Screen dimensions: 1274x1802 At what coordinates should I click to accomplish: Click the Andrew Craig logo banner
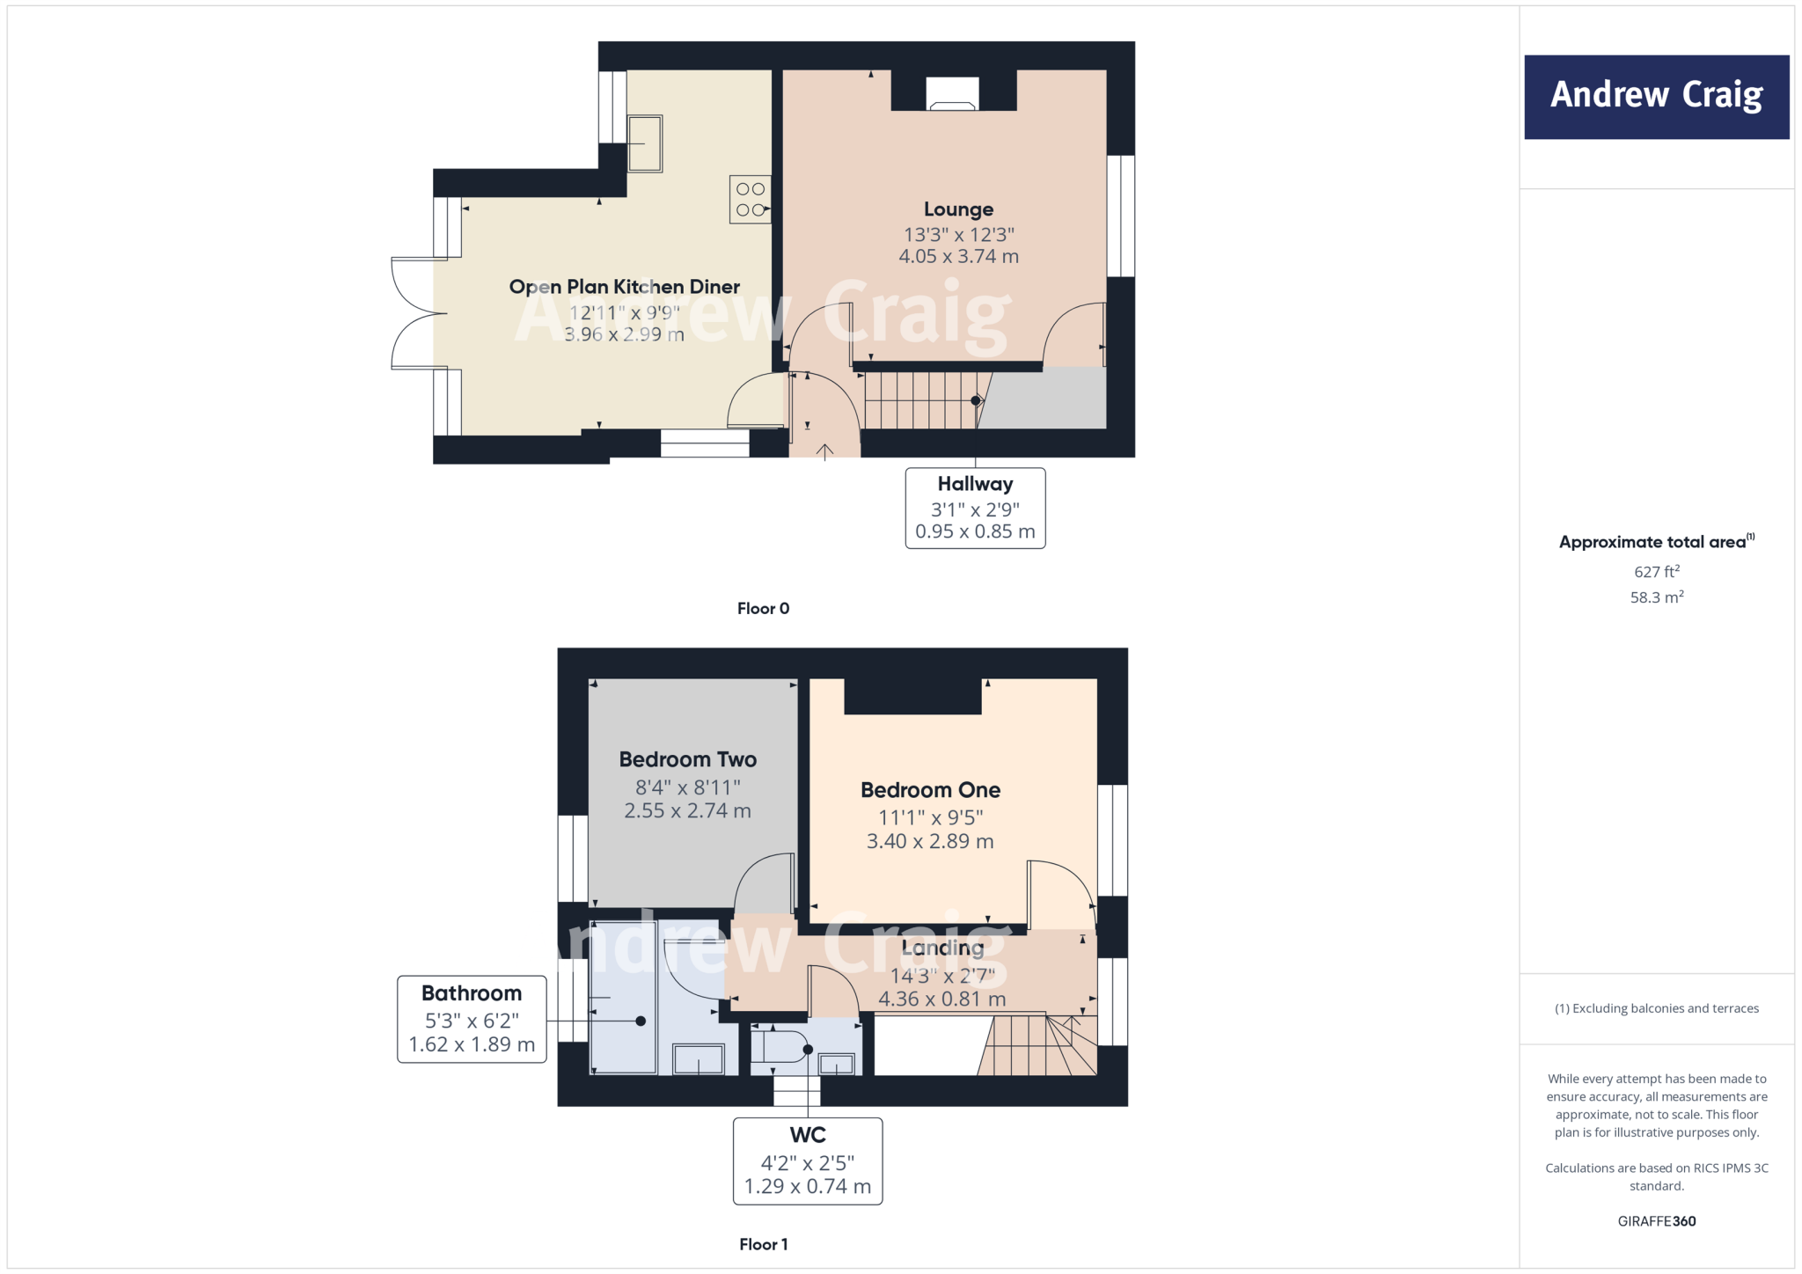coord(1656,97)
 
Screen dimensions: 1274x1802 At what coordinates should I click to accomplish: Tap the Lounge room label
coord(958,209)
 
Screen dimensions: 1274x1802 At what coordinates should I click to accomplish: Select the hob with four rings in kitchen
coord(751,200)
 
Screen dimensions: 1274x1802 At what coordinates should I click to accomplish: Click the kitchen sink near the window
coord(645,143)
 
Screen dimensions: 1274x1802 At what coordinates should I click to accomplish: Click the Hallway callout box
coord(975,508)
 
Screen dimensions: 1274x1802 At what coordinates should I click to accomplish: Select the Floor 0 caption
coord(763,609)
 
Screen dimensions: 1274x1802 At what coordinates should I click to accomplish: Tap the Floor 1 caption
coord(763,1244)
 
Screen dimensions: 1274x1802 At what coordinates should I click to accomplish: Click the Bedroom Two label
coord(687,759)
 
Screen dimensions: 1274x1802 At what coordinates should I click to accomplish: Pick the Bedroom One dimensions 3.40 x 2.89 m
coord(930,841)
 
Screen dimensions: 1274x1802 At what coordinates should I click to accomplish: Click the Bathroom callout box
coord(472,1019)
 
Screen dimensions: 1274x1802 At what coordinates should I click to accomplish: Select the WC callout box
coord(807,1161)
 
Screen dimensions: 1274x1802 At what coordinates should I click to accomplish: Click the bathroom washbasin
coord(698,1058)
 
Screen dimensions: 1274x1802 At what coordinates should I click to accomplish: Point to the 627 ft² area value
coord(1657,572)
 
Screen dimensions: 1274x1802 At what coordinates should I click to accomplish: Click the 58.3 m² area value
coord(1657,597)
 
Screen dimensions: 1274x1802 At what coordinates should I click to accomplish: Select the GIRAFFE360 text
coord(1657,1221)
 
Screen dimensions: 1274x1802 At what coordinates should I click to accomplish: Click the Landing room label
coord(942,948)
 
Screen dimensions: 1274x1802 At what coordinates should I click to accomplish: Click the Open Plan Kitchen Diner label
coord(624,287)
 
